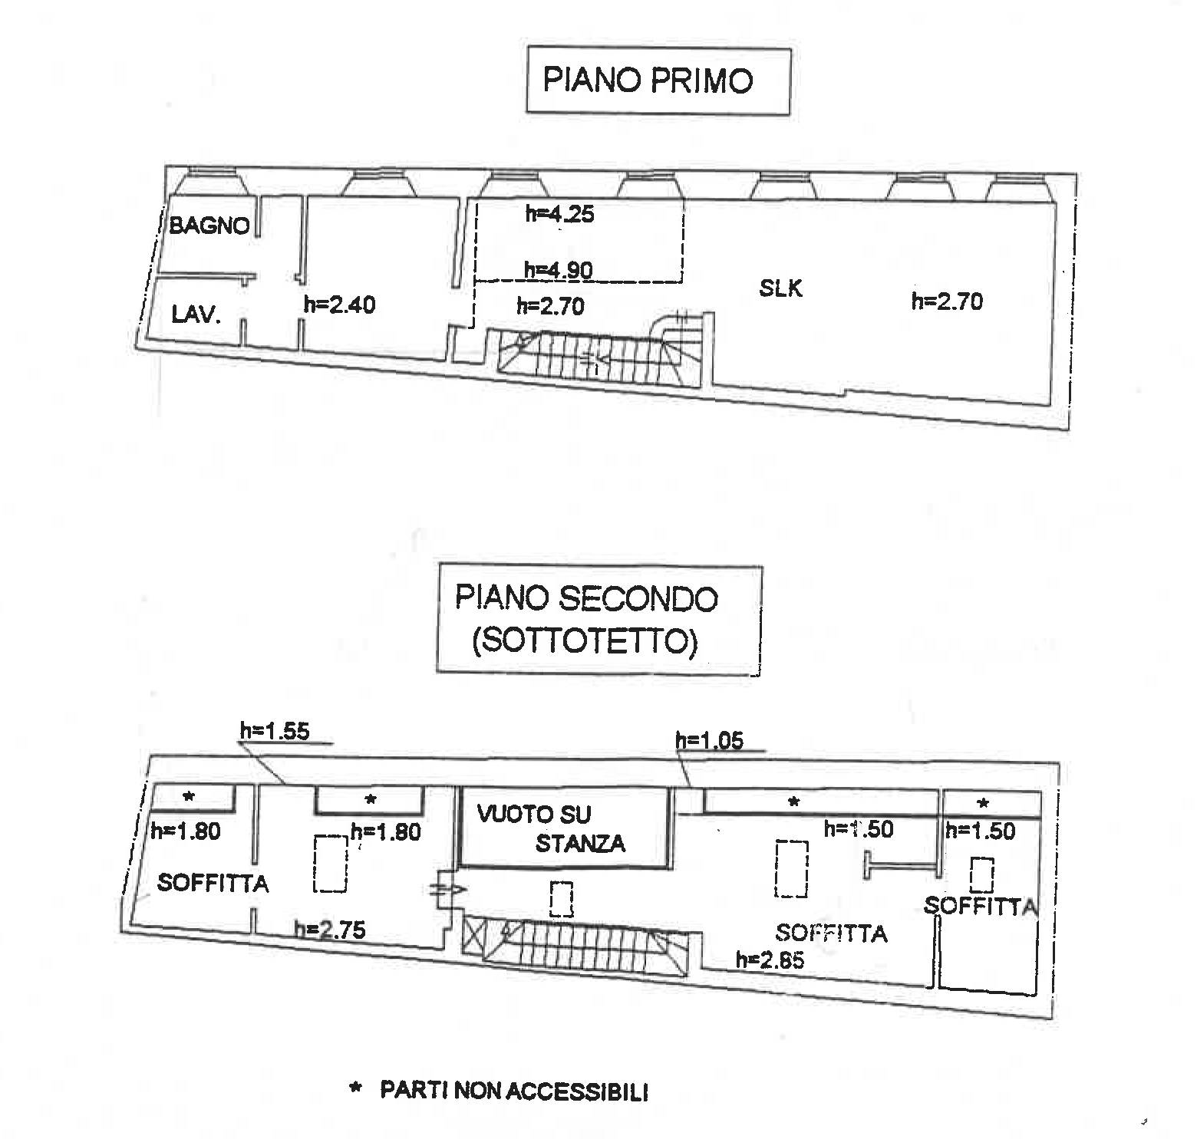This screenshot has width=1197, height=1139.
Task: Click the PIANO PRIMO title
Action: pyautogui.click(x=648, y=81)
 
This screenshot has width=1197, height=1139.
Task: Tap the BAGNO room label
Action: pyautogui.click(x=209, y=225)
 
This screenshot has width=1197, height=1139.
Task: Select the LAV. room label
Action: pyautogui.click(x=196, y=314)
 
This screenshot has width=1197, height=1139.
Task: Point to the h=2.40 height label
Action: pyautogui.click(x=340, y=305)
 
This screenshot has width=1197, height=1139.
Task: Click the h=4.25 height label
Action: pyautogui.click(x=560, y=214)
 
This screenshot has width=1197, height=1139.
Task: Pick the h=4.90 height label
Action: pyautogui.click(x=559, y=270)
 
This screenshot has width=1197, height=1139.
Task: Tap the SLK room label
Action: pyautogui.click(x=780, y=288)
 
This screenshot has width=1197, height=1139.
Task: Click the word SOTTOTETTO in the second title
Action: pyautogui.click(x=585, y=641)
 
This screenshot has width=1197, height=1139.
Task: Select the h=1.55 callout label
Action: pyautogui.click(x=275, y=731)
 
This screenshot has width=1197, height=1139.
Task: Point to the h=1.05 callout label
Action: pyautogui.click(x=710, y=741)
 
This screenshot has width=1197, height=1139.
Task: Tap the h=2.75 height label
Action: pyautogui.click(x=331, y=930)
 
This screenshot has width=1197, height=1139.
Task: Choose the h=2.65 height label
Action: pyautogui.click(x=770, y=960)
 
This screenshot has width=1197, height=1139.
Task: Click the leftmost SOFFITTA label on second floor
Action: pyautogui.click(x=213, y=884)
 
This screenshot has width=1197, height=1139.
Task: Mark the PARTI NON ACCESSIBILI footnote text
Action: pyautogui.click(x=514, y=1091)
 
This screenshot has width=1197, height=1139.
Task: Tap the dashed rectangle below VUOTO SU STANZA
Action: pyautogui.click(x=562, y=898)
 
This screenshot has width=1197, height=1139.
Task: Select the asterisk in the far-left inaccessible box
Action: pyautogui.click(x=189, y=798)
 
